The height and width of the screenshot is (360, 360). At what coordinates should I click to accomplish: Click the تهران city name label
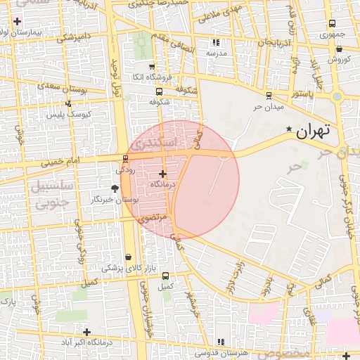click(x=313, y=131)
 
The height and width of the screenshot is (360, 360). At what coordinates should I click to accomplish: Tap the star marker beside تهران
click(x=290, y=129)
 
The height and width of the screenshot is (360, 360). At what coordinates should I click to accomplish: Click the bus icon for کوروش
click(x=339, y=49)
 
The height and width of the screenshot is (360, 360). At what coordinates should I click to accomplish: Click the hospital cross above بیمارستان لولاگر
click(x=16, y=22)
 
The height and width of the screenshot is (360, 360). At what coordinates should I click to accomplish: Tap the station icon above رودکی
click(x=125, y=159)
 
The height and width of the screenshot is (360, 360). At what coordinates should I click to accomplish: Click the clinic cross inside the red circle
click(x=162, y=173)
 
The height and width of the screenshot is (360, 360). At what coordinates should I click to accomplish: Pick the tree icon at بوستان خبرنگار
click(x=115, y=188)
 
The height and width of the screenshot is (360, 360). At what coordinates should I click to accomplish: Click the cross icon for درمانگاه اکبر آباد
click(x=86, y=332)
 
